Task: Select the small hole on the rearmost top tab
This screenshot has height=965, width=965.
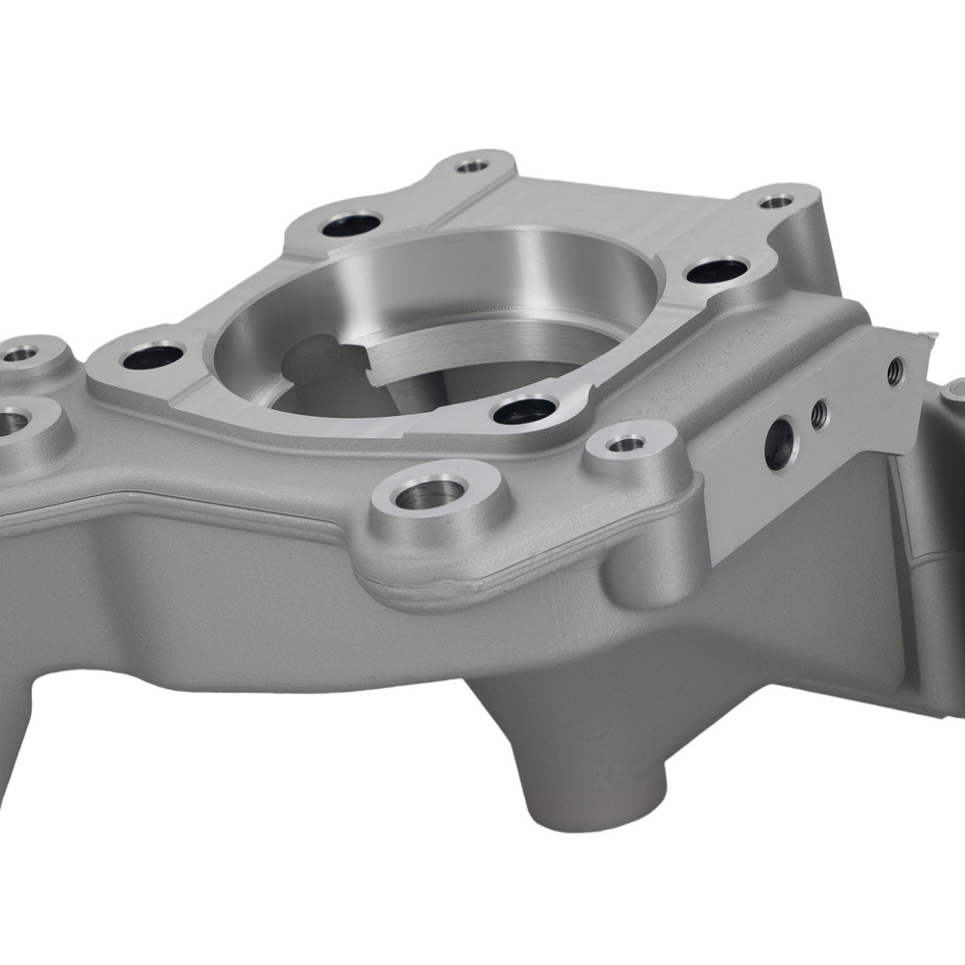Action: [x=472, y=166]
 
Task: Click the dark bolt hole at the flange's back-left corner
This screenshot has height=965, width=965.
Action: [x=350, y=226]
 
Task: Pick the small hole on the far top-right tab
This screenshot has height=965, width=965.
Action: [x=776, y=203]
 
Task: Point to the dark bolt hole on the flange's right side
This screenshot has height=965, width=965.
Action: [x=717, y=270]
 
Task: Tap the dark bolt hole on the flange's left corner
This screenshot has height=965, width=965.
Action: [x=153, y=356]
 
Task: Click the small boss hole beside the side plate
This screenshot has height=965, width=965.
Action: [x=626, y=445]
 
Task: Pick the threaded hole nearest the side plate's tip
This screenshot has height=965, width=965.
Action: [x=895, y=370]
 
